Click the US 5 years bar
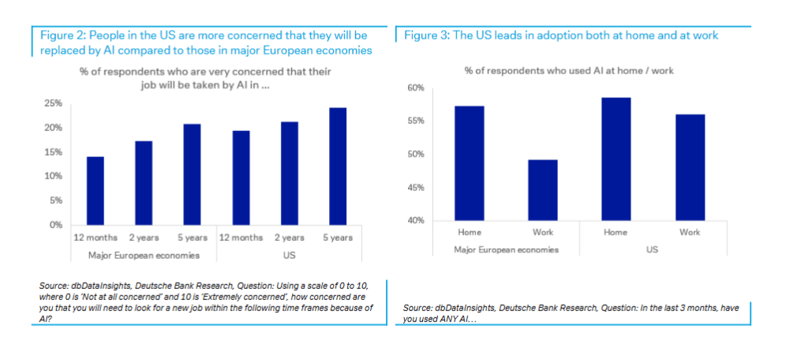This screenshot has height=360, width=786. [337, 166]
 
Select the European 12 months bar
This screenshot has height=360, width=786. [95, 190]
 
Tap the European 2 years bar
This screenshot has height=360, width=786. [144, 182]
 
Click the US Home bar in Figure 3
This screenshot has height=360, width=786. [616, 159]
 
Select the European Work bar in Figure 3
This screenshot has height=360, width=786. [543, 189]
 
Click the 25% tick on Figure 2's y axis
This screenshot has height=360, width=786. [53, 103]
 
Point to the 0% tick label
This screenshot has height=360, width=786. [55, 225]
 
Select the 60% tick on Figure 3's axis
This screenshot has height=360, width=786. [416, 88]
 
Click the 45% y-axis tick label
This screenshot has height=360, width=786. [416, 188]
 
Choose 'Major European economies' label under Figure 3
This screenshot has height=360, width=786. [507, 249]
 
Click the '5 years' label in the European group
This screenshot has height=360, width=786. [192, 238]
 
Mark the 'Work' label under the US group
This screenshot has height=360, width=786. [689, 232]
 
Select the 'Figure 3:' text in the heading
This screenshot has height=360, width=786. [426, 36]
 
